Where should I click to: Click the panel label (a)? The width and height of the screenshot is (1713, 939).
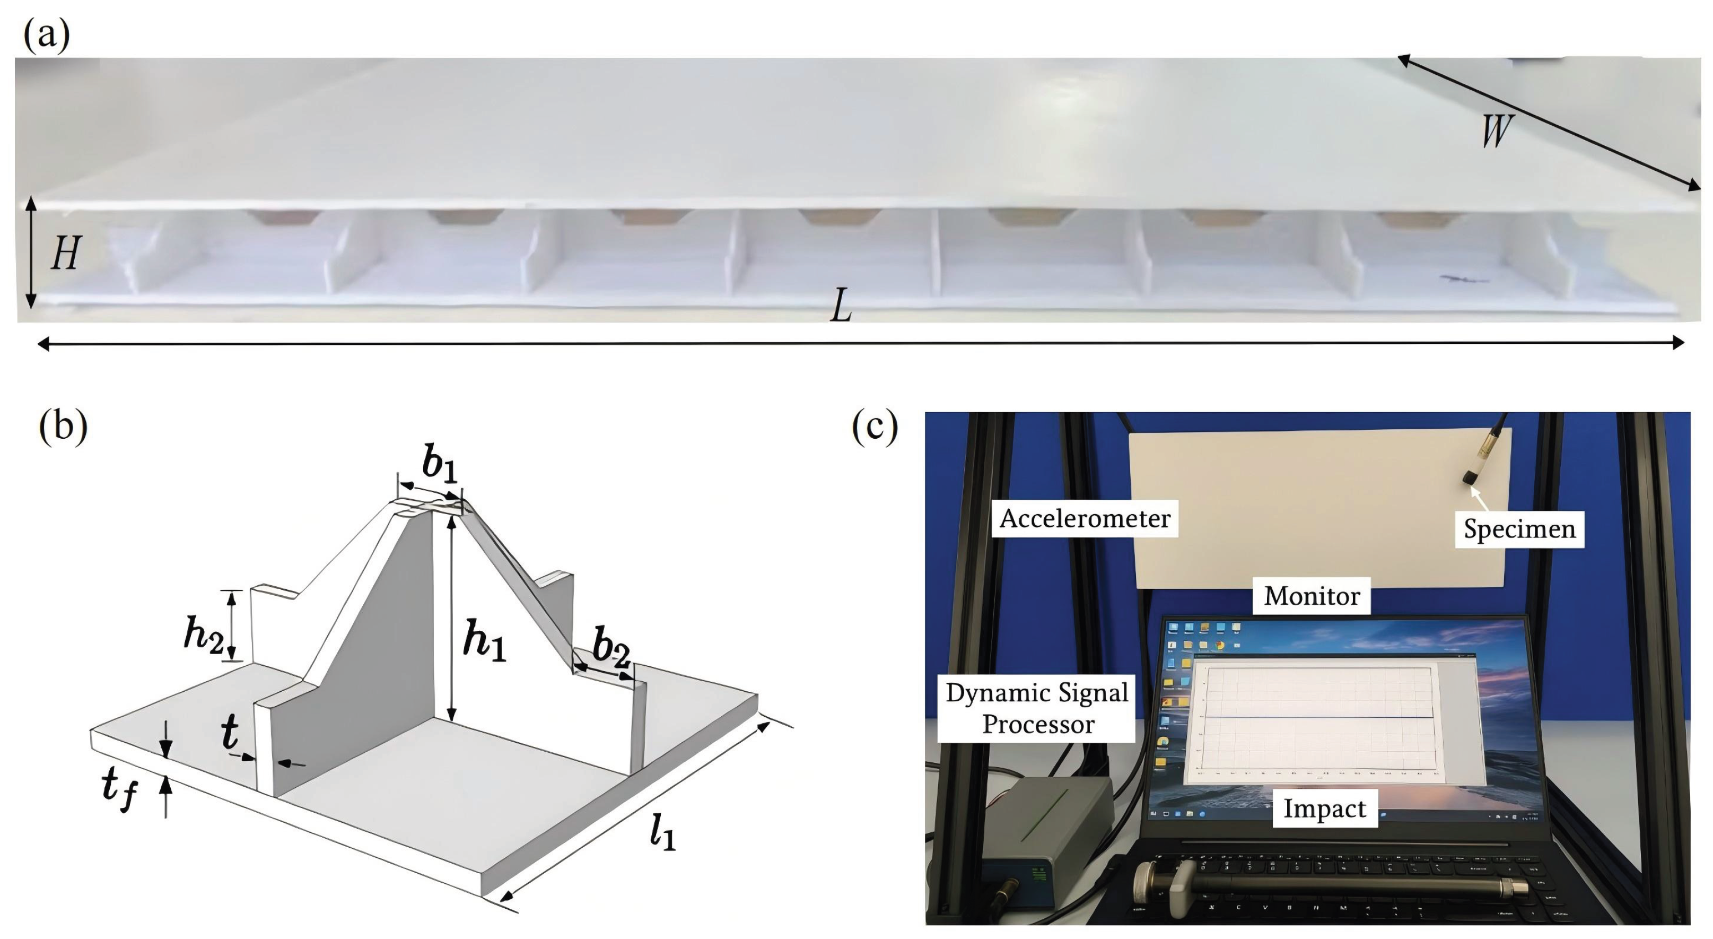46,34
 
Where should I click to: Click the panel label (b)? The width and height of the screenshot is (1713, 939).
63,425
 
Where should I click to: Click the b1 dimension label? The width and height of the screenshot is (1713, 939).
440,464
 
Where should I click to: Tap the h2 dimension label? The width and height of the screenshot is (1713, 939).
203,635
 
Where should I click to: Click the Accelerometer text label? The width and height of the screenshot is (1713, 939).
1085,519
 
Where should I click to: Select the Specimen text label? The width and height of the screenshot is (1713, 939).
1519,529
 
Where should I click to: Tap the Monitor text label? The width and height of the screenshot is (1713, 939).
1312,596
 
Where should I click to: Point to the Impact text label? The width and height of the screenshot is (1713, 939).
1324,808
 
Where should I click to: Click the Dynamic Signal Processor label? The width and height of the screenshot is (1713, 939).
1037,708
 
